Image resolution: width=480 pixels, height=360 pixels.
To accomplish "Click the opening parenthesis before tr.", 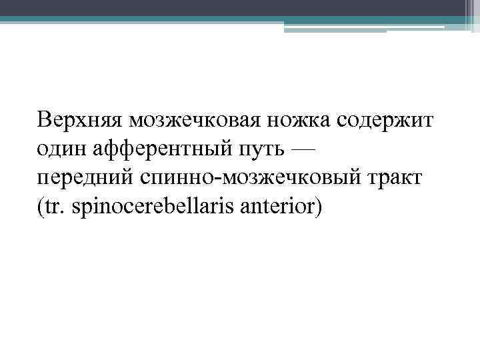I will click(41, 208).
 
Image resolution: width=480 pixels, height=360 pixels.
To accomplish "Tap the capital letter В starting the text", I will click(45, 121).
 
